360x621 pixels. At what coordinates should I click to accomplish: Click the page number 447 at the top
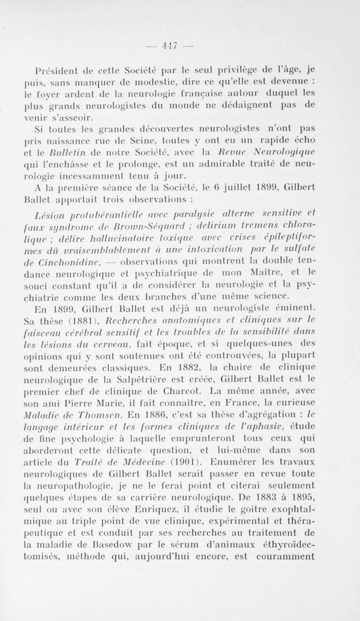[180, 47]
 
